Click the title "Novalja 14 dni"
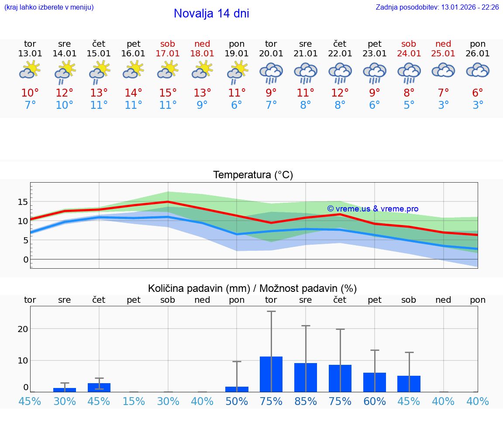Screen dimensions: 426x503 [x=211, y=14]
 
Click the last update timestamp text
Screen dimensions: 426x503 [x=437, y=7]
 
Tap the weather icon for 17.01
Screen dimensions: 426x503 [x=168, y=70]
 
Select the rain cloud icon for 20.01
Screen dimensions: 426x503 [x=271, y=72]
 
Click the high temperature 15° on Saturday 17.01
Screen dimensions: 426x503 [x=168, y=93]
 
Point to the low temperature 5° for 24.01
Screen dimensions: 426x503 [x=409, y=105]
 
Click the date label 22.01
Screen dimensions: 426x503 [x=340, y=54]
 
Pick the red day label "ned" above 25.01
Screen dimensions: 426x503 [x=443, y=44]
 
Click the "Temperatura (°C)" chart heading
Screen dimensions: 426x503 [x=253, y=175]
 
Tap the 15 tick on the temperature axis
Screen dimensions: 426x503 [x=23, y=202]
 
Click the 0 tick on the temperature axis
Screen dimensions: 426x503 [x=26, y=260]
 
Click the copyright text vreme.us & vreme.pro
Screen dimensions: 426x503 [x=372, y=209]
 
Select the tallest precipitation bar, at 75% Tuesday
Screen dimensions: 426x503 [x=271, y=374]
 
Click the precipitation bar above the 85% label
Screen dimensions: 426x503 [x=306, y=378]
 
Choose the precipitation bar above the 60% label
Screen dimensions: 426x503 [x=375, y=382]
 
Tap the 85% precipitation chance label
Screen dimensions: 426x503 [x=306, y=401]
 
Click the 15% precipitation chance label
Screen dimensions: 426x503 [x=134, y=401]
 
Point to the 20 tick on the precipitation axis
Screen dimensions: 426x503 [x=23, y=329]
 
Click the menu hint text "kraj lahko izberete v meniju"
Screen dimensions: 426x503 [x=48, y=7]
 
